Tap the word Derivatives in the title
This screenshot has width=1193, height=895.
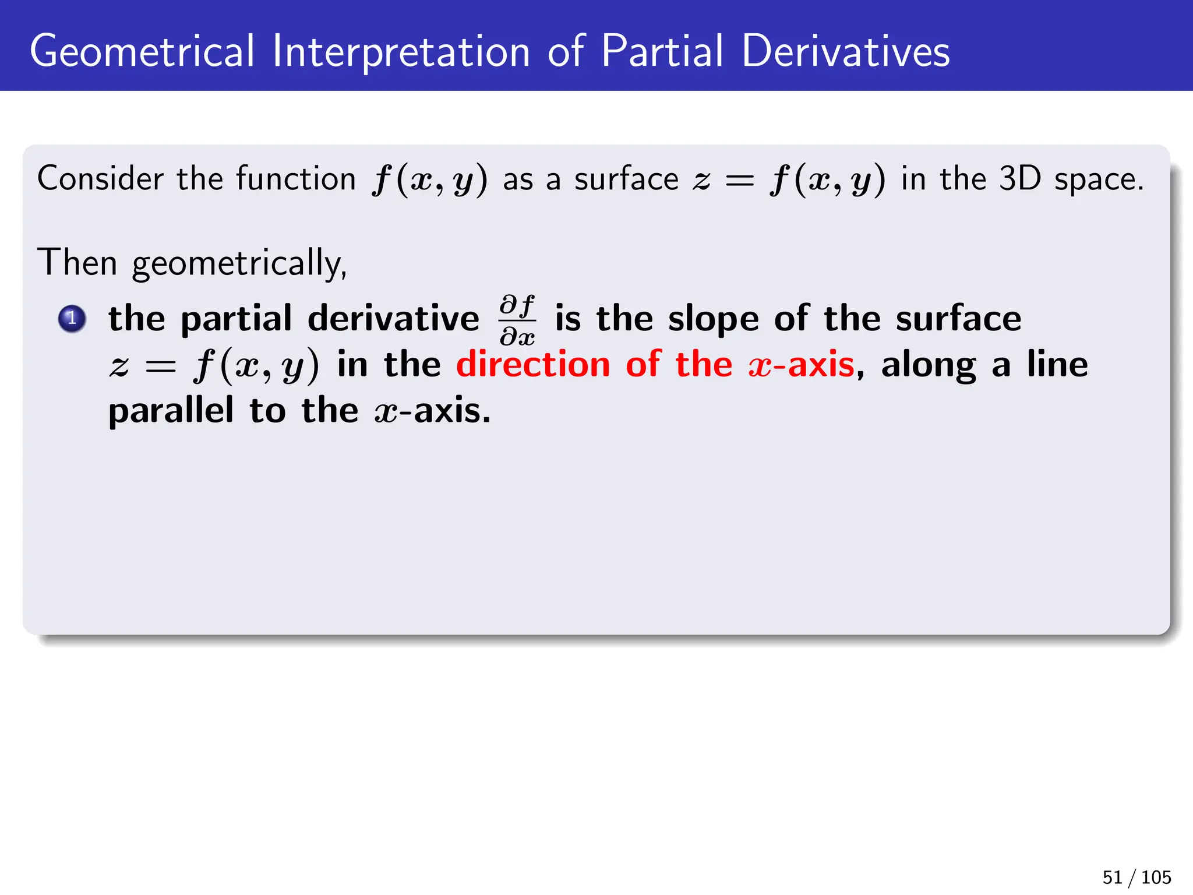click(x=846, y=51)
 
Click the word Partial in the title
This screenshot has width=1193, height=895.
click(x=663, y=51)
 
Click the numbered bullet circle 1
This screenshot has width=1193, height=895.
click(x=72, y=319)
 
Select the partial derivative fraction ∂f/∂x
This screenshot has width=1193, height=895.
click(x=517, y=320)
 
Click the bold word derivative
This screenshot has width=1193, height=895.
click(x=393, y=319)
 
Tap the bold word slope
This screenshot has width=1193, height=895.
click(x=714, y=319)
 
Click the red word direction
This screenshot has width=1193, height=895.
click(x=533, y=365)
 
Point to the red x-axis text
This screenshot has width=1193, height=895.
click(x=802, y=365)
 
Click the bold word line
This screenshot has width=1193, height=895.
click(x=1057, y=365)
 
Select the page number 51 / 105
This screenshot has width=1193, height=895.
click(x=1136, y=878)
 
